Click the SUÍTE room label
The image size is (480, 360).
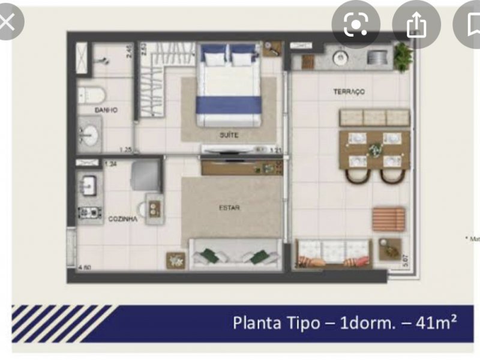(228, 135)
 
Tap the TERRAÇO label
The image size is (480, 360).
(349, 92)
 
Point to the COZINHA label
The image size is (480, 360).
(122, 220)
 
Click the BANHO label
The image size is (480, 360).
(106, 110)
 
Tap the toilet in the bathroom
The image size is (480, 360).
(91, 95)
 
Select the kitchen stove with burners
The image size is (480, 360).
(89, 212)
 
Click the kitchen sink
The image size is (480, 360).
(89, 183)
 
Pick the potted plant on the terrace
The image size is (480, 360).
(403, 56)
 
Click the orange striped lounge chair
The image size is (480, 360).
(388, 219)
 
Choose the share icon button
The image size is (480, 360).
(415, 25)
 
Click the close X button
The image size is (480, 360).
(7, 23)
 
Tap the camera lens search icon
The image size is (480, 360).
(355, 25)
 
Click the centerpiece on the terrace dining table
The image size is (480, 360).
(375, 150)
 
